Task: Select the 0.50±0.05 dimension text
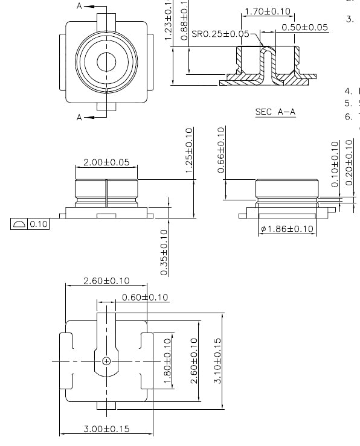(304, 27)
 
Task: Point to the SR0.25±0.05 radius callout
(220, 34)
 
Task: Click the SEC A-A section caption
(275, 112)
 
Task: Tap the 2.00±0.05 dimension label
(106, 162)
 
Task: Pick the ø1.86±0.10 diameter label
(287, 229)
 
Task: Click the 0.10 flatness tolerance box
(30, 224)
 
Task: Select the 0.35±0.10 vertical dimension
(164, 252)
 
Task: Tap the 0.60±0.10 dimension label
(145, 297)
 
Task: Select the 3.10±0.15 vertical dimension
(217, 360)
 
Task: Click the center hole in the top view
(106, 62)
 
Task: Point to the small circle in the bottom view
(106, 361)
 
